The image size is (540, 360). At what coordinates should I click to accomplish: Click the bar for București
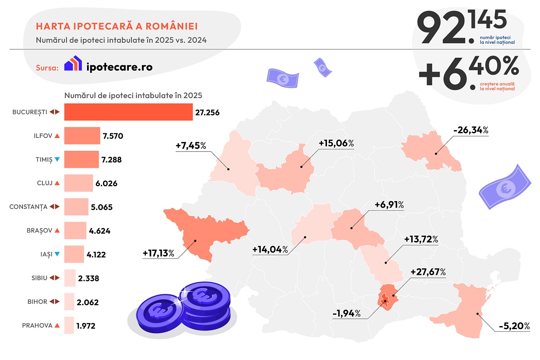[x=128, y=112]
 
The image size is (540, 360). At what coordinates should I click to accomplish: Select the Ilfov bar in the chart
[x=82, y=135]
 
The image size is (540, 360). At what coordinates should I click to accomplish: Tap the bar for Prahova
[x=69, y=326]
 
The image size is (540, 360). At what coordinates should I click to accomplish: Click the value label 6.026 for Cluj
[x=106, y=183]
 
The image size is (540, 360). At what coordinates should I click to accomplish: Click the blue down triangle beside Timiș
[x=57, y=159]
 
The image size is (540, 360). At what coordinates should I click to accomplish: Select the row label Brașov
[x=39, y=231]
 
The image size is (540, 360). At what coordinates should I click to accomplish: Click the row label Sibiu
[x=39, y=278]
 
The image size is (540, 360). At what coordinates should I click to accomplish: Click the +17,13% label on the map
[x=158, y=253]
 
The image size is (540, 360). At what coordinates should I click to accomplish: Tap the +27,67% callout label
[x=428, y=272]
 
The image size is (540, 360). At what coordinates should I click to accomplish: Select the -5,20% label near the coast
[x=513, y=327]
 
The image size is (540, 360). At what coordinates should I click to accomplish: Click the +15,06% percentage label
[x=336, y=143]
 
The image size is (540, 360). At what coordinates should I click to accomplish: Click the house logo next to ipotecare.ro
[x=73, y=64]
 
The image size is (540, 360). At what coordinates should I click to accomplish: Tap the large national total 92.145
[x=461, y=28]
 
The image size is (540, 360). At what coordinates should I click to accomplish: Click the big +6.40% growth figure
[x=468, y=74]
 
